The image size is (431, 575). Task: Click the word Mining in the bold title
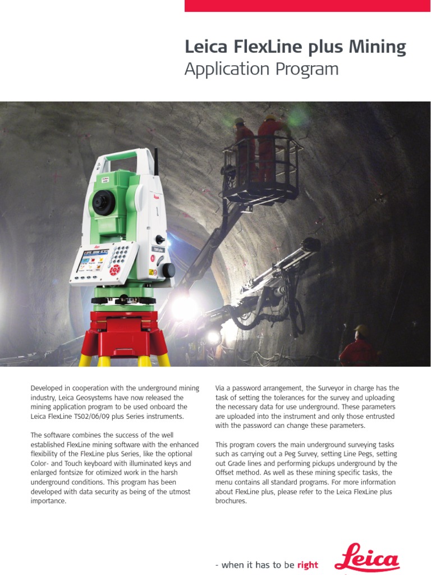(x=378, y=48)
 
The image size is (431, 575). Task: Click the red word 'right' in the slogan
(x=308, y=565)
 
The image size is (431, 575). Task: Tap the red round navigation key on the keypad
(x=115, y=270)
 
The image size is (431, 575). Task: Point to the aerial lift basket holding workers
(x=261, y=163)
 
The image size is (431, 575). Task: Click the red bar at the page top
(x=308, y=6)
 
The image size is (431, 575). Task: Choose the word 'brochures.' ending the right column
(x=231, y=501)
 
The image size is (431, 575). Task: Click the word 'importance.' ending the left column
(x=49, y=501)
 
